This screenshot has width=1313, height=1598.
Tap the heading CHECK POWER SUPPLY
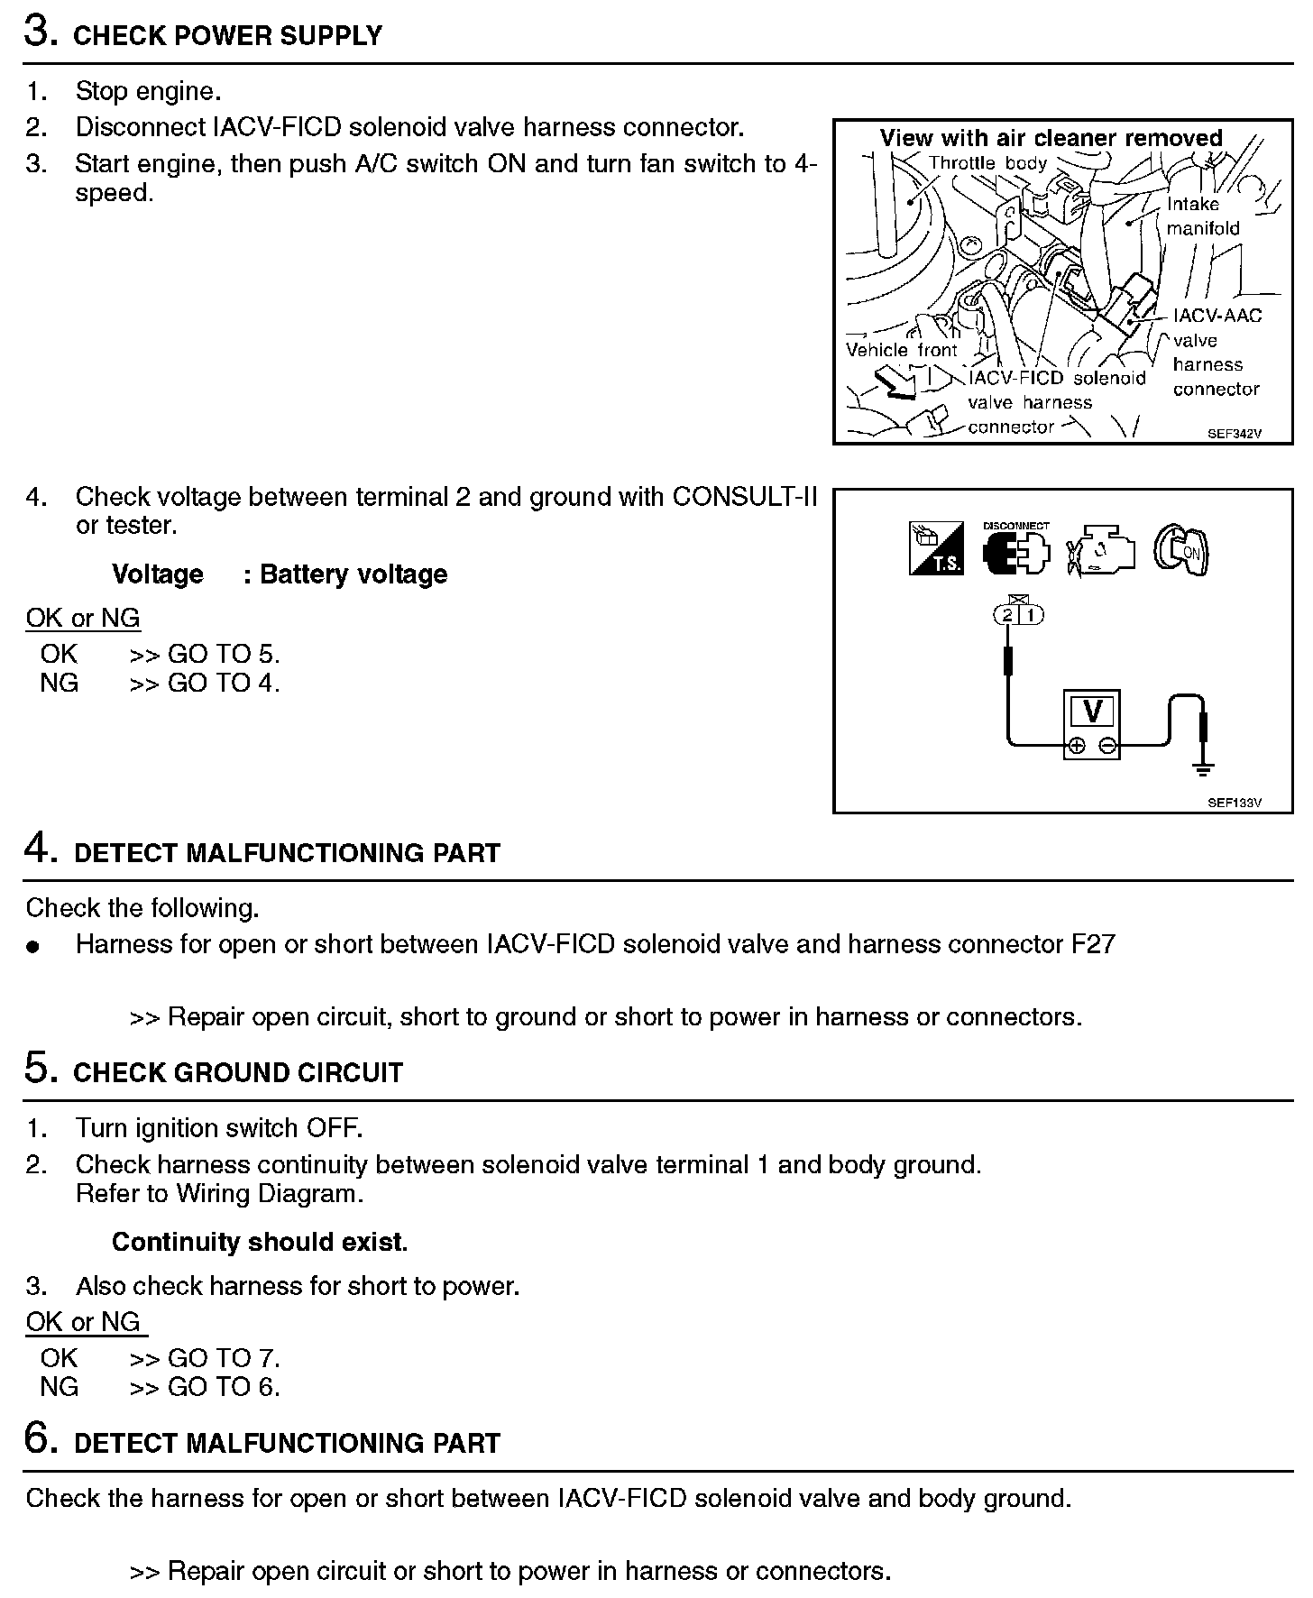(x=227, y=36)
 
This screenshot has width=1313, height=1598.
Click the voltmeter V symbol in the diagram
(x=1092, y=712)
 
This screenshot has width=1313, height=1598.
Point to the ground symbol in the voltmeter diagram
(x=1202, y=768)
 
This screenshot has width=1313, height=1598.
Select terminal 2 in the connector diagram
(x=1006, y=615)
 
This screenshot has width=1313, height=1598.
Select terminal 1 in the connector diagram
(x=1031, y=615)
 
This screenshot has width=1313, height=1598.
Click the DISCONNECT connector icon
(x=1016, y=549)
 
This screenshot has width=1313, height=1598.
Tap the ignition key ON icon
(x=1181, y=549)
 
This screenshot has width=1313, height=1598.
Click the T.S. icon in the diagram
(x=936, y=548)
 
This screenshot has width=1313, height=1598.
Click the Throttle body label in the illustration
(x=987, y=163)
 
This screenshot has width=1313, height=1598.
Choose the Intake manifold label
(x=1203, y=216)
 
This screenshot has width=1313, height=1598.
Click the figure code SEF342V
(x=1235, y=434)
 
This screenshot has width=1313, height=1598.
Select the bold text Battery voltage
(x=353, y=574)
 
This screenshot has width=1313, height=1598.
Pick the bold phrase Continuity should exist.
(x=260, y=1242)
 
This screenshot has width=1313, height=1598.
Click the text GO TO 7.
(x=224, y=1358)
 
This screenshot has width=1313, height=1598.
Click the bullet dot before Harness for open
(x=33, y=947)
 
